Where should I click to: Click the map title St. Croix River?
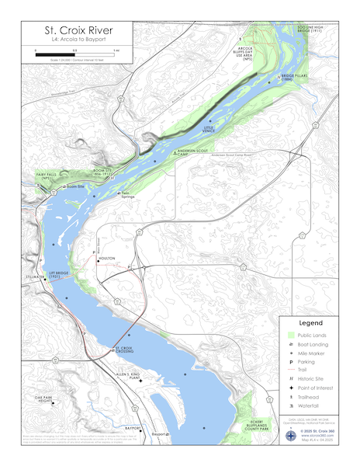coord(71,28)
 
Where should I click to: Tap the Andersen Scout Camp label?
coord(190,151)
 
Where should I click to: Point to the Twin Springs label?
coord(129,196)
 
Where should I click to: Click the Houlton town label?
coord(107,259)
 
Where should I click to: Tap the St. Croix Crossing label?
coord(124,350)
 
